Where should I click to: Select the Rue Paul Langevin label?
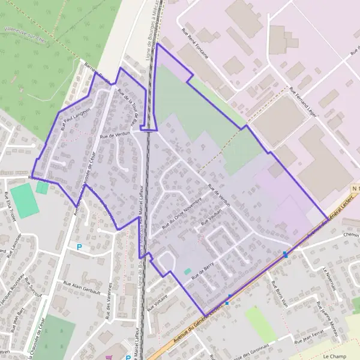[74, 118]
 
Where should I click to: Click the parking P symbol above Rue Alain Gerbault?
[79, 247]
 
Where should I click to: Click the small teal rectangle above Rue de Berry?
[188, 272]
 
